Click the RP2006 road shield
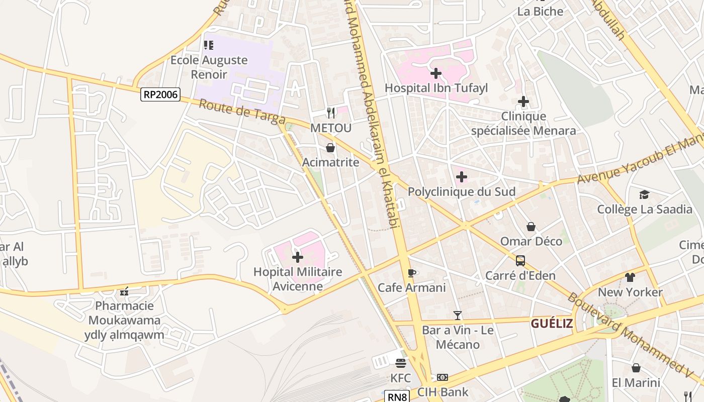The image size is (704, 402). click(160, 94)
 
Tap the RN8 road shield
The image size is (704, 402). click(398, 397)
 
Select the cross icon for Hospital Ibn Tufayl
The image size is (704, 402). click(436, 73)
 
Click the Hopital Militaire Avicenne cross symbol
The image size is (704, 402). click(298, 257)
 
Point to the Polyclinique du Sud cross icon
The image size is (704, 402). click(461, 177)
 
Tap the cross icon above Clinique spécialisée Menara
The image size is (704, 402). click(523, 102)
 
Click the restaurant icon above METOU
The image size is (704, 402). click(330, 113)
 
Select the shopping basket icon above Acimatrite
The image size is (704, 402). click(330, 148)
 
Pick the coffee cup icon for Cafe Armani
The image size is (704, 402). click(411, 273)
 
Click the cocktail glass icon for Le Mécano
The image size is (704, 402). click(457, 316)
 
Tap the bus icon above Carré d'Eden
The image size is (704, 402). click(520, 261)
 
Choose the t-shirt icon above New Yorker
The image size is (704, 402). click(630, 277)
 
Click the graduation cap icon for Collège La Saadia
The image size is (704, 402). click(644, 194)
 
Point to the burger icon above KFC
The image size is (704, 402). click(401, 363)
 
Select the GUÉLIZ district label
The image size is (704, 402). click(552, 324)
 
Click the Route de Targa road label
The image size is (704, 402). click(242, 112)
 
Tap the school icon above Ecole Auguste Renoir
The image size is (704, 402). click(209, 45)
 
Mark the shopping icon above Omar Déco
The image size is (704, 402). click(531, 227)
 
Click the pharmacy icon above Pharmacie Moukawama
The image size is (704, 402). click(124, 291)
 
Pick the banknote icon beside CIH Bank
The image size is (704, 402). click(443, 377)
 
